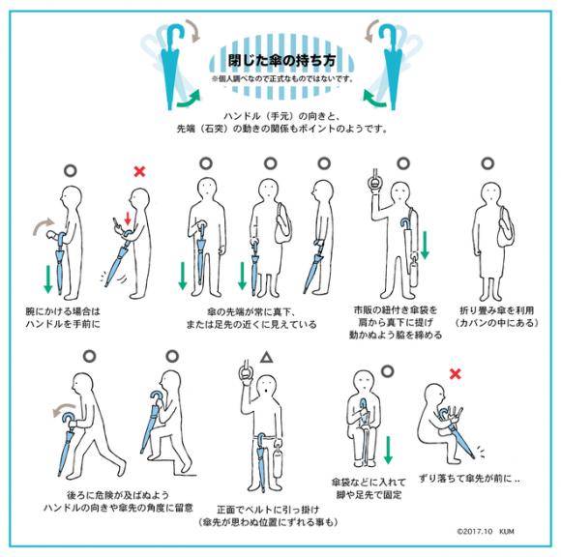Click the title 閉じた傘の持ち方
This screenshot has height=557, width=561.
point(281,60)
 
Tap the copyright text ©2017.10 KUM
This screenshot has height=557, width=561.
point(486,531)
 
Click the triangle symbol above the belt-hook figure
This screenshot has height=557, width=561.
point(266,358)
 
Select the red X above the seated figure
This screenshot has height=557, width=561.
point(455,374)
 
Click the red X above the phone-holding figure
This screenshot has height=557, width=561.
point(139,171)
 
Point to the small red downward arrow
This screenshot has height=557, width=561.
point(128,219)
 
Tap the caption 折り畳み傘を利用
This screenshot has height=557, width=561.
point(496,310)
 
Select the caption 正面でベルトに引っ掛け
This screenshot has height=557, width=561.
point(268,509)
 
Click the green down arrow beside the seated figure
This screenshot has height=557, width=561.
point(388,450)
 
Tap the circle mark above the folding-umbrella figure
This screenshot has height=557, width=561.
point(487,163)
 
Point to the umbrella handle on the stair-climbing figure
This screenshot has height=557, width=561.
point(157,397)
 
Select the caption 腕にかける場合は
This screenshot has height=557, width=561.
point(63,310)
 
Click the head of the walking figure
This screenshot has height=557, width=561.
point(82,384)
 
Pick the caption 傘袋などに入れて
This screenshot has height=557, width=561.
point(369,483)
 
